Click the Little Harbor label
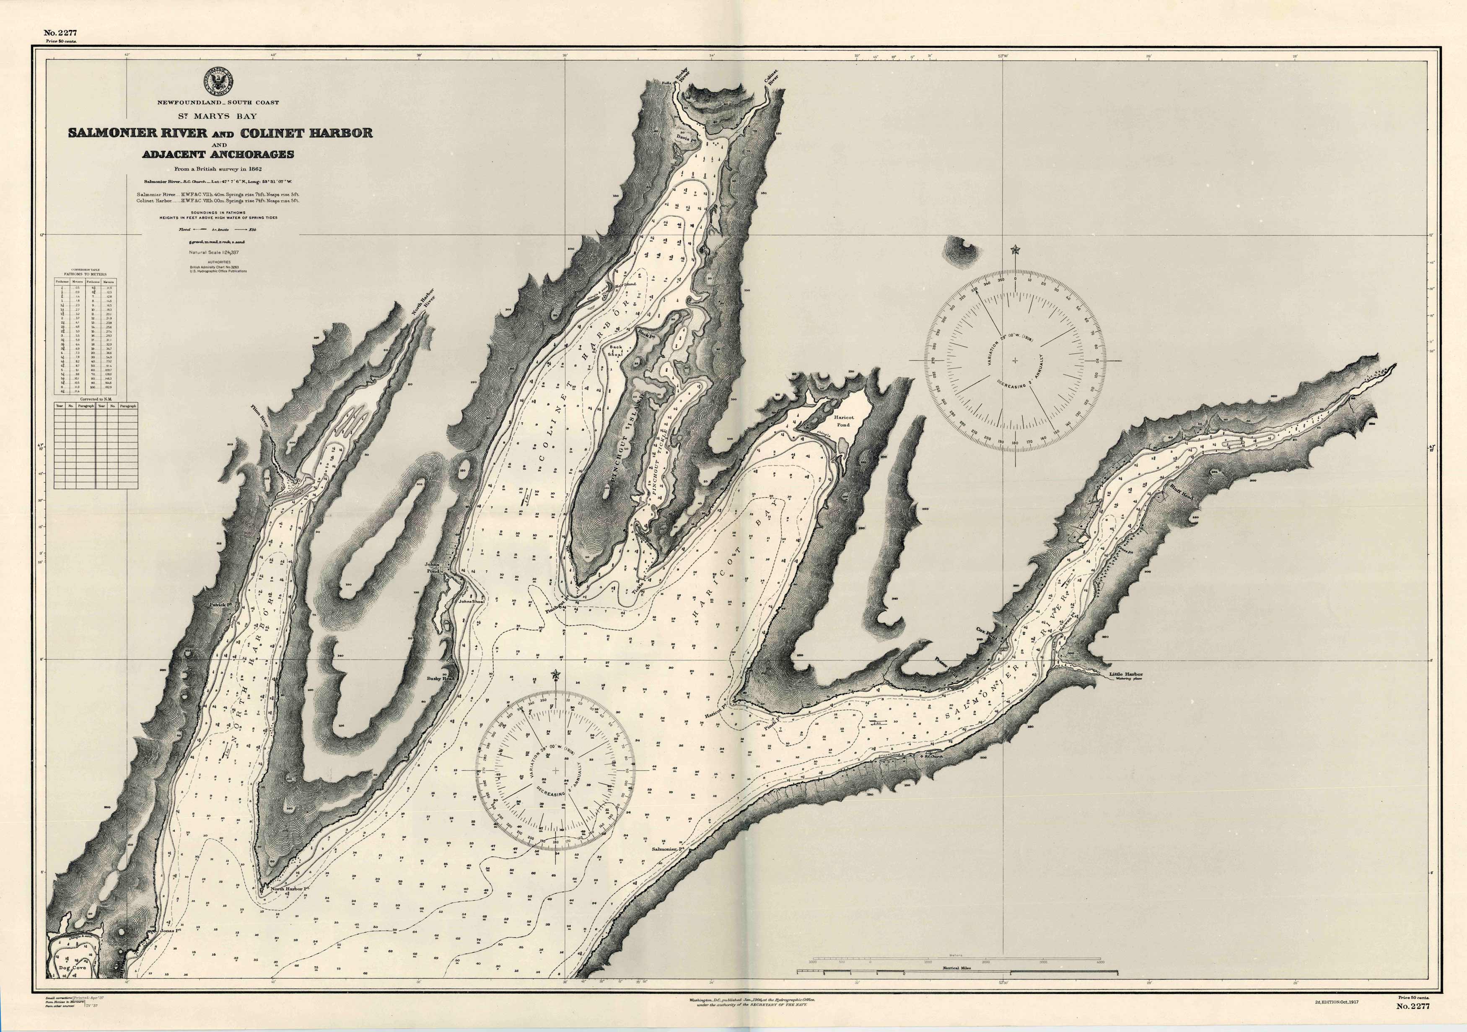(1126, 674)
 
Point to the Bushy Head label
(440, 679)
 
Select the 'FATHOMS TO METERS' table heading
(85, 274)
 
